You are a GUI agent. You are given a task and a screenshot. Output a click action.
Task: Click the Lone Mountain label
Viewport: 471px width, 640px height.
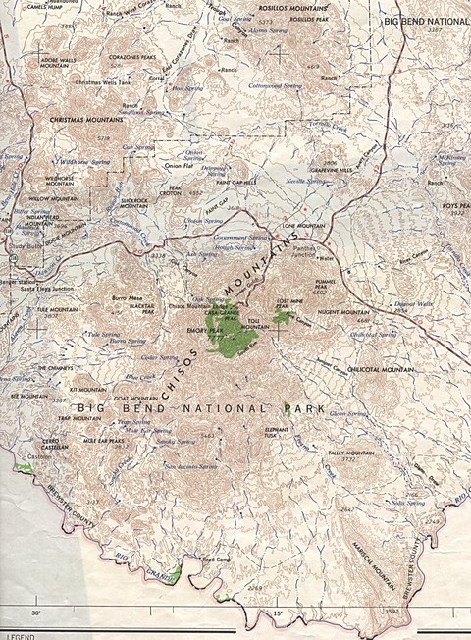(x=304, y=226)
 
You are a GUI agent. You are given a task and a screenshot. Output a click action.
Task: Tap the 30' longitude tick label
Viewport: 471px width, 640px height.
(x=36, y=613)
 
